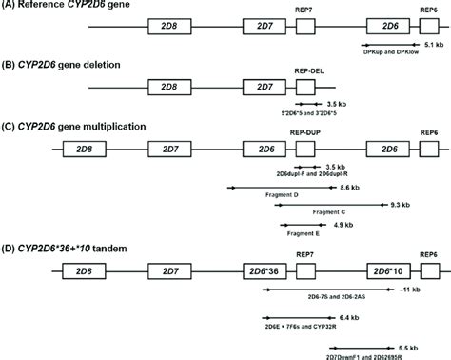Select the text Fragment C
tap(329, 213)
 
